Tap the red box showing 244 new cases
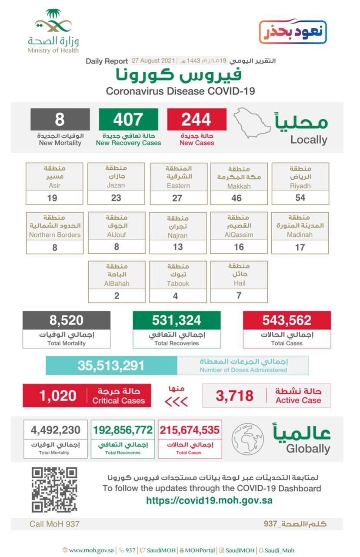(x=197, y=119)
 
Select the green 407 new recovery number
(x=128, y=119)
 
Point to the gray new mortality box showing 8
(x=60, y=119)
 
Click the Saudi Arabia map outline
(x=252, y=124)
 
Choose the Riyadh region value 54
(x=300, y=198)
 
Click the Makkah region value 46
(x=239, y=198)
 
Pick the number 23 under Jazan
(x=116, y=198)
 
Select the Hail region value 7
(x=239, y=296)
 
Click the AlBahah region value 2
(x=116, y=296)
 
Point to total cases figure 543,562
(x=287, y=320)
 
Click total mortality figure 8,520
(x=66, y=320)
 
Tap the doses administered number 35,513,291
(x=111, y=366)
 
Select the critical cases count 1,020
(x=57, y=396)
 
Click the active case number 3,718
(x=234, y=396)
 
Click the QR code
(x=54, y=489)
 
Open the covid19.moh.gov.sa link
(x=209, y=500)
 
